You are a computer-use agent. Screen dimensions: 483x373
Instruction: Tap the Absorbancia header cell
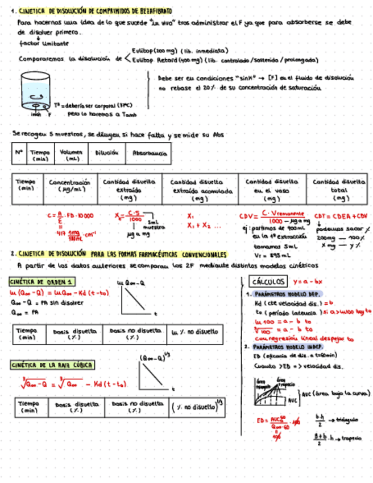pyautogui.click(x=150, y=153)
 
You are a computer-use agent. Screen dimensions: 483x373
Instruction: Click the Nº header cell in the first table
pyautogui.click(x=19, y=153)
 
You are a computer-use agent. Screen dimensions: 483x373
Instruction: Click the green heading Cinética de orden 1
pyautogui.click(x=42, y=282)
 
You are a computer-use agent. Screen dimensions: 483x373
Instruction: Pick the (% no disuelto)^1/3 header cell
pyautogui.click(x=197, y=408)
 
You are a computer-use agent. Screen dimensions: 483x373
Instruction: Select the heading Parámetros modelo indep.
pyautogui.click(x=287, y=346)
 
